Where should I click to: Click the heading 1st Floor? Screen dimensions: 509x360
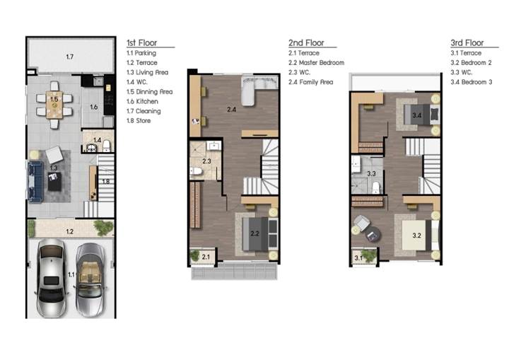(x=141, y=43)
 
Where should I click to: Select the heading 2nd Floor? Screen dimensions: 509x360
(x=306, y=43)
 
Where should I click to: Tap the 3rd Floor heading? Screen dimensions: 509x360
(x=467, y=43)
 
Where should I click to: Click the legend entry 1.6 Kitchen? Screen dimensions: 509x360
(x=142, y=101)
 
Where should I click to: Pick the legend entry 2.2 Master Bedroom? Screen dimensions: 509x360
(x=316, y=63)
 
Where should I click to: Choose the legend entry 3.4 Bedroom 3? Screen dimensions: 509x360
(x=471, y=82)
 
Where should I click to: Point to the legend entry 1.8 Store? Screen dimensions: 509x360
(x=139, y=120)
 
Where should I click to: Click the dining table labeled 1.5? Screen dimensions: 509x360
(x=54, y=105)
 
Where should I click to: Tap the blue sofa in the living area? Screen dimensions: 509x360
(x=35, y=182)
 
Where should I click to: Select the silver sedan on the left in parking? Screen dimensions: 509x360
(x=52, y=278)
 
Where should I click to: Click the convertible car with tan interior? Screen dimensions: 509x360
(x=90, y=279)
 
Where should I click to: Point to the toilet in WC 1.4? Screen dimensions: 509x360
(x=107, y=146)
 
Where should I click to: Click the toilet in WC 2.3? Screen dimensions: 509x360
(x=196, y=171)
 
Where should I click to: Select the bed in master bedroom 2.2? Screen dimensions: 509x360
(x=260, y=234)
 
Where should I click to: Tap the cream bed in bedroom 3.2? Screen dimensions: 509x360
(x=420, y=236)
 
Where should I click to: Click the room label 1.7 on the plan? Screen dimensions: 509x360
(x=70, y=57)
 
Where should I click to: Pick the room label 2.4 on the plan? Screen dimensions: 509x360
(x=231, y=110)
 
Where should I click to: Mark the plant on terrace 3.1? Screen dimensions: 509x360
(x=368, y=255)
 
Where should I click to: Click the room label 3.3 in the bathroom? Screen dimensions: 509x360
(x=371, y=174)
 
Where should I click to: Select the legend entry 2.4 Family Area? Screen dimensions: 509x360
(x=310, y=82)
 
